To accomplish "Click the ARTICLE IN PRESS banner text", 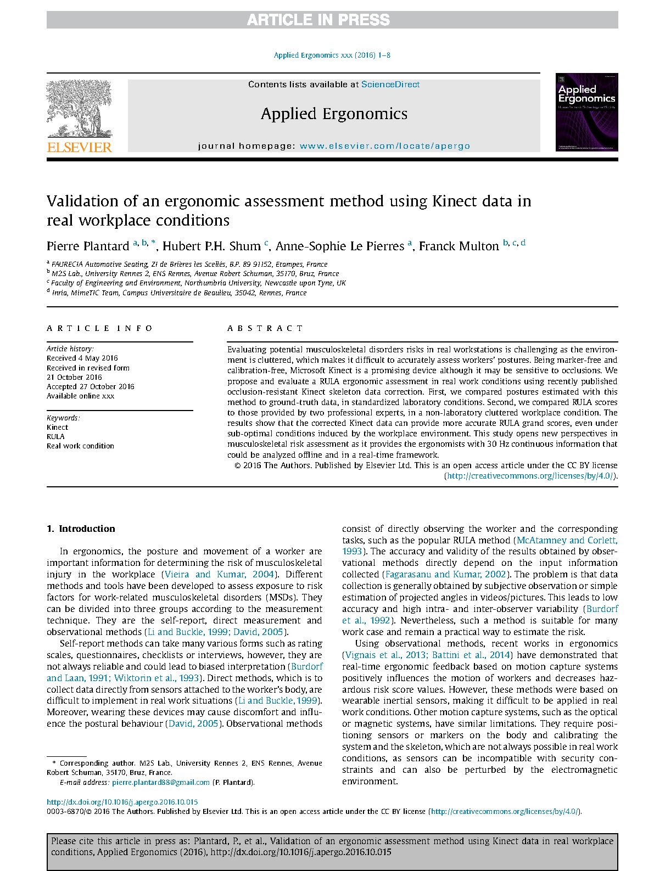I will tap(318, 20).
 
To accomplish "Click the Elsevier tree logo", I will tap(79, 109).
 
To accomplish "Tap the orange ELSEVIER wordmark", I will tap(80, 147).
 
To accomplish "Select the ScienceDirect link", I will tap(390, 85).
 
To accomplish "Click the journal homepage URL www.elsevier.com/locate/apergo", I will tap(385, 146).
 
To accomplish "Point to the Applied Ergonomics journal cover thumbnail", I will tap(586, 112).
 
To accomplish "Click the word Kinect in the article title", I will tap(455, 201).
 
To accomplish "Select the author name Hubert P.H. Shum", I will tap(211, 246).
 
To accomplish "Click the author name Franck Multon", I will tap(459, 246).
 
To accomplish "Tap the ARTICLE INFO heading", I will tap(100, 328).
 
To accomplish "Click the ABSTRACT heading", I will tap(265, 328).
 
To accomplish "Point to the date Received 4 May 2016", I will tap(82, 358).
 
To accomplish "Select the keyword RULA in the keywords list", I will tap(55, 437).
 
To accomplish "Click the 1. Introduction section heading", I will tap(81, 529).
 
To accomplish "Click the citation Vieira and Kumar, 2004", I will tap(219, 574).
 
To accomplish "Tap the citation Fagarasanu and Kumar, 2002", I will tap(445, 574).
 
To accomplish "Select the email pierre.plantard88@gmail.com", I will tap(161, 782).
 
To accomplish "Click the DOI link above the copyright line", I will tap(122, 802).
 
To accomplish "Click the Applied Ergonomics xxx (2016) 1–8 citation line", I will tap(332, 55).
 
